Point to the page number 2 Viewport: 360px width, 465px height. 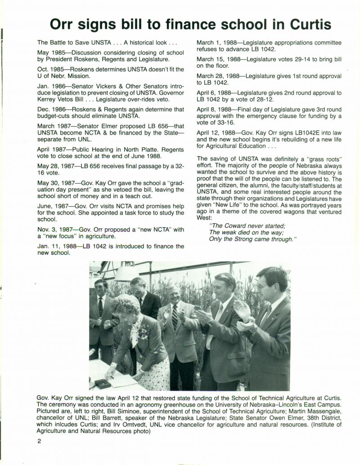coord(39,441)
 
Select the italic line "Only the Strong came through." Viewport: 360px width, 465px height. coord(252,239)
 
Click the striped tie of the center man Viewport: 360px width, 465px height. coord(174,317)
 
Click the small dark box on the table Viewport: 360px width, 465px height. coord(102,384)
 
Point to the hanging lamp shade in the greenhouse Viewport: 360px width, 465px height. coord(127,273)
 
